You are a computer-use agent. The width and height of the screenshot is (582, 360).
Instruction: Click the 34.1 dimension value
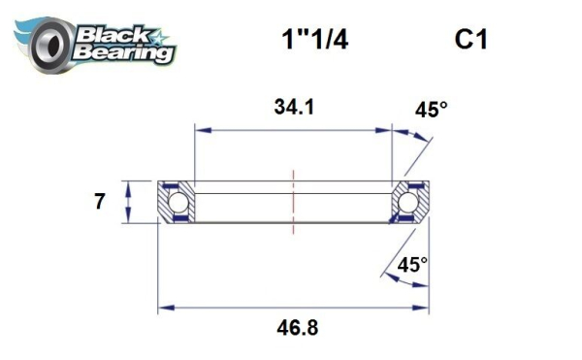click(x=292, y=107)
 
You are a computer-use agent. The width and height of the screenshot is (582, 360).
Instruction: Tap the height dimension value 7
click(x=99, y=203)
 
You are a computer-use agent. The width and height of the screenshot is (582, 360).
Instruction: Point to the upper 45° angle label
click(x=431, y=111)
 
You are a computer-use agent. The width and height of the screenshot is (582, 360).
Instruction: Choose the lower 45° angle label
click(x=412, y=263)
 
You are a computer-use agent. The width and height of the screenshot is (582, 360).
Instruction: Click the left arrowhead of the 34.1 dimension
click(x=200, y=127)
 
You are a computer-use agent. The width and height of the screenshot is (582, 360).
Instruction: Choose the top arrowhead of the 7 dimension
click(x=127, y=184)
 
